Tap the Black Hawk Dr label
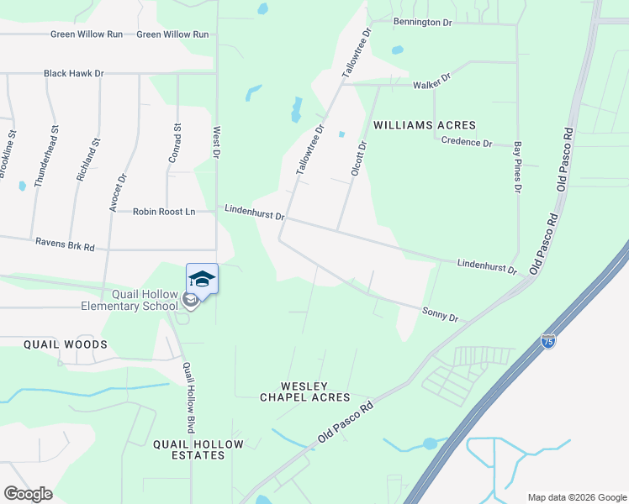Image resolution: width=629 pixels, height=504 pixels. point(74,74)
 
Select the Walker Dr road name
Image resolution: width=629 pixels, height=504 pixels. point(432,81)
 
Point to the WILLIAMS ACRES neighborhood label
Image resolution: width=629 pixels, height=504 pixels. point(425,125)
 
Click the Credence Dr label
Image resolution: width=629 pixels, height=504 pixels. point(467,142)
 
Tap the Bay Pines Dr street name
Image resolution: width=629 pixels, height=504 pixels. point(518,166)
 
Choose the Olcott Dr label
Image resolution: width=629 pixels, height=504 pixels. point(359,159)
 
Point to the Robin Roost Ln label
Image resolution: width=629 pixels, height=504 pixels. point(164,212)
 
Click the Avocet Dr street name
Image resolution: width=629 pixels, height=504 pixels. point(118,192)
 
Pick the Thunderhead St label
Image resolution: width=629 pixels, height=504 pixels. point(46,155)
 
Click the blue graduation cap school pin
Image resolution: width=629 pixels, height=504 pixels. point(202,278)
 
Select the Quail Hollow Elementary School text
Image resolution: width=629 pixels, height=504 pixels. point(145,300)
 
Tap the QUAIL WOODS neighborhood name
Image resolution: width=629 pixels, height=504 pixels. point(66,344)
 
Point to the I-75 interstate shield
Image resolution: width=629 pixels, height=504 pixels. point(547,343)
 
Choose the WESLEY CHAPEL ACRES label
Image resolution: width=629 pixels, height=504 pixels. point(304,391)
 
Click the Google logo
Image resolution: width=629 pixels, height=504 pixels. point(28,494)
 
